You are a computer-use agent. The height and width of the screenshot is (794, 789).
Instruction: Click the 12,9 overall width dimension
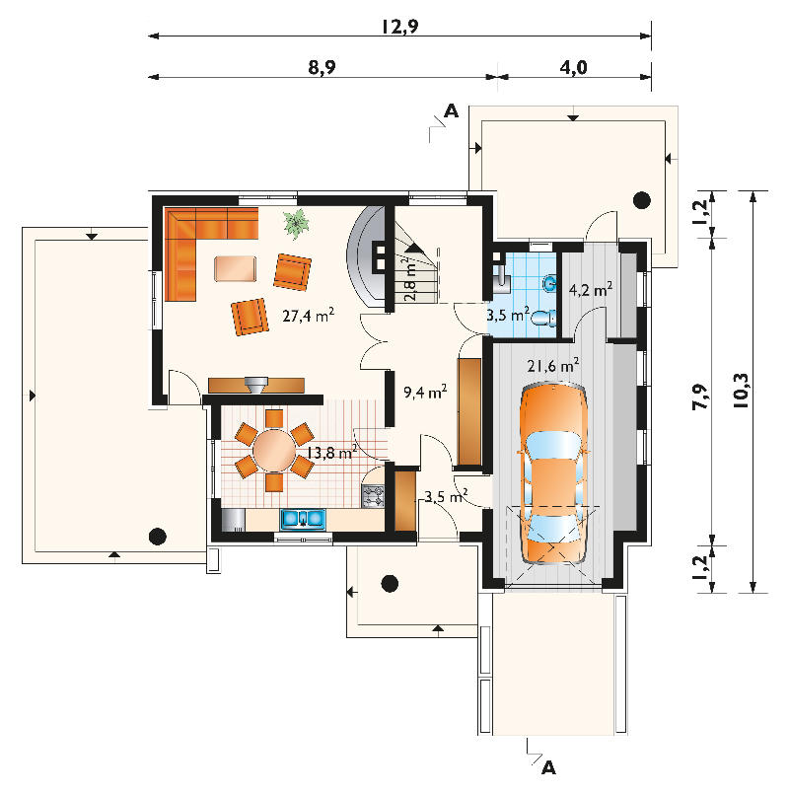(x=400, y=27)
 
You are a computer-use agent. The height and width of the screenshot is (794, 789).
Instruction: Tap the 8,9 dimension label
(x=323, y=67)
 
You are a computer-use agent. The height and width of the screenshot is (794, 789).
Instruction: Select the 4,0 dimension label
(x=574, y=67)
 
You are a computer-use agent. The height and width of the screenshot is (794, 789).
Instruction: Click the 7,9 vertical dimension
(x=700, y=397)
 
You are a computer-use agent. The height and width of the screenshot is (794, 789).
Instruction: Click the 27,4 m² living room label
(x=308, y=316)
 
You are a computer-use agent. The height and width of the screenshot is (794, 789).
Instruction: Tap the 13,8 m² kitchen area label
(x=331, y=452)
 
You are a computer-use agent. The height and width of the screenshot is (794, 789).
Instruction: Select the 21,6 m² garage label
(x=553, y=365)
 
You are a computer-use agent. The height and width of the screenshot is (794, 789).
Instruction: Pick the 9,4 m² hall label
(x=425, y=392)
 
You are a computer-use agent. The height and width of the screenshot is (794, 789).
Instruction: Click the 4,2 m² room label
(x=591, y=290)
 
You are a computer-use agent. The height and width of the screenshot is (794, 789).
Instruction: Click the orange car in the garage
(x=553, y=474)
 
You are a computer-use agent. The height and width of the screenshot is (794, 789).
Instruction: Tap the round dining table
(x=274, y=450)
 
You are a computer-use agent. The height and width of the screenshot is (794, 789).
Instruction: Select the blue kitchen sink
(x=303, y=520)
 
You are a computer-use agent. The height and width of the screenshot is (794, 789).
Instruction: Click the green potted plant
(x=296, y=223)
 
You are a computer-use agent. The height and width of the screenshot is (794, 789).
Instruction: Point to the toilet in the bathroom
(x=542, y=318)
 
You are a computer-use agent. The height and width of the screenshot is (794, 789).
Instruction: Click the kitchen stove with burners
(x=373, y=496)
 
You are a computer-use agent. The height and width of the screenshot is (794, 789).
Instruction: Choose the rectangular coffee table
(x=236, y=268)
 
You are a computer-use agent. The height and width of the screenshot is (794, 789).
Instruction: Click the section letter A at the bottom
(x=548, y=767)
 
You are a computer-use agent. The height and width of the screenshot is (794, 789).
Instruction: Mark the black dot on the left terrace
(x=157, y=536)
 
